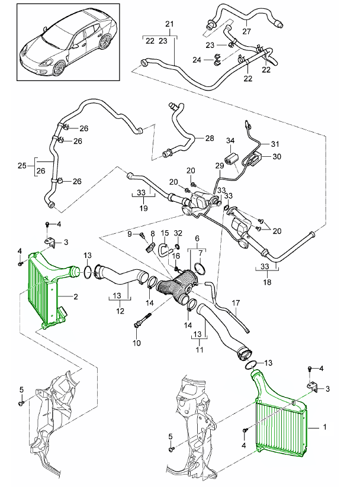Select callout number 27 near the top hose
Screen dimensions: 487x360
click(x=247, y=31)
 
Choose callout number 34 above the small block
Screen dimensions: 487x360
click(x=231, y=140)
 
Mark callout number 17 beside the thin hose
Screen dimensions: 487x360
click(x=235, y=304)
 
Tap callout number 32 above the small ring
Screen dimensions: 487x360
click(x=178, y=233)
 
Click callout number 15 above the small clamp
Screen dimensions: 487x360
click(x=165, y=233)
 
